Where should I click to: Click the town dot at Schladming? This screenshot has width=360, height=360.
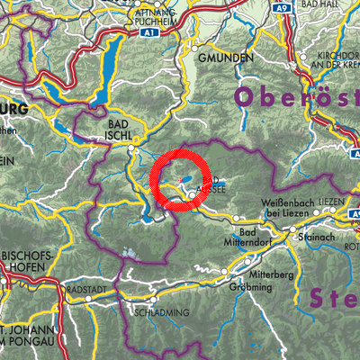tap(155, 300)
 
